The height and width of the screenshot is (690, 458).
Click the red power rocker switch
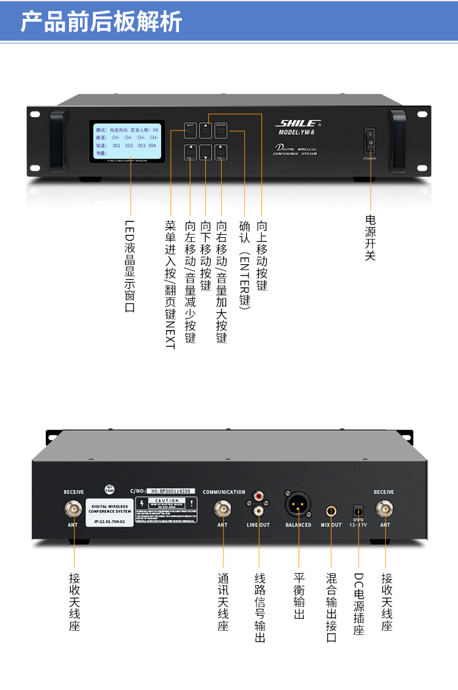click(x=370, y=140)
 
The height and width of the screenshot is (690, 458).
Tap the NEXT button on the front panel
click(x=191, y=129)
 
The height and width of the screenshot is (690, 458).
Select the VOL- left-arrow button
click(x=191, y=151)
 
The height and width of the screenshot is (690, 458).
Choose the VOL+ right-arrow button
click(x=221, y=151)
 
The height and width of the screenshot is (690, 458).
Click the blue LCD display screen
click(x=128, y=142)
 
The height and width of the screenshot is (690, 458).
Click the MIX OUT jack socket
click(x=331, y=509)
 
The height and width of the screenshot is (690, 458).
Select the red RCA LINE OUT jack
click(x=258, y=497)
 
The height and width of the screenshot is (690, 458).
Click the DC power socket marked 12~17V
click(x=358, y=510)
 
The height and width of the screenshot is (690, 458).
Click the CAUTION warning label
click(x=167, y=510)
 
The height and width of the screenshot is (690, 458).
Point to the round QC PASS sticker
click(x=109, y=489)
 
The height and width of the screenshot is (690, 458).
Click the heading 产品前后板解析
click(x=101, y=22)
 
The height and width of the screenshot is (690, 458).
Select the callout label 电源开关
click(x=370, y=237)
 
